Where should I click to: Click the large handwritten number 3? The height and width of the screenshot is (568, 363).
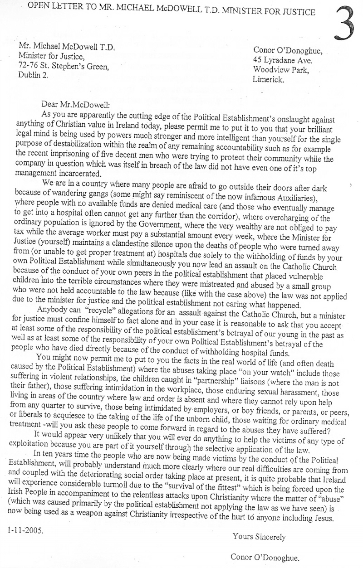click(347, 23)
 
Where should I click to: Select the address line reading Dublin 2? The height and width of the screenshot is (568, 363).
click(34, 75)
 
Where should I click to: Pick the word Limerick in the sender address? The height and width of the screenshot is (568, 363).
click(268, 79)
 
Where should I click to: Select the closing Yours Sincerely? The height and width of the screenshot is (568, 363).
click(259, 537)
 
